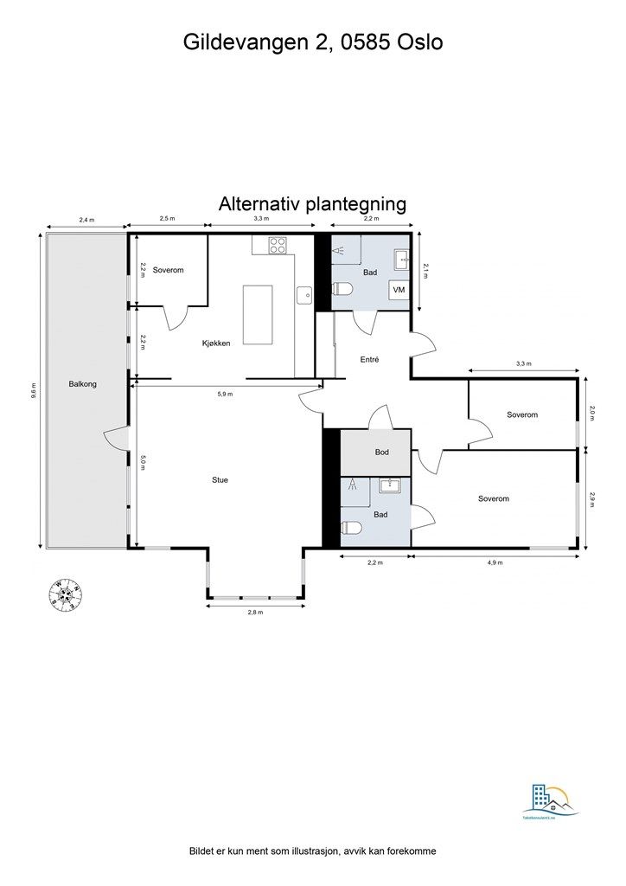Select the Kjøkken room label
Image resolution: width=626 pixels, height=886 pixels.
[215, 343]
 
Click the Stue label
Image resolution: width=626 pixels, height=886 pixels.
[220, 479]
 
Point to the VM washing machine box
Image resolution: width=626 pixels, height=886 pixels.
[399, 291]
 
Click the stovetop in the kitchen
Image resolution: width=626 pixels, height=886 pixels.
[278, 245]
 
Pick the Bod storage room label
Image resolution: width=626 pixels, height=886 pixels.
[381, 453]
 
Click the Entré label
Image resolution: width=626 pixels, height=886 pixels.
[369, 359]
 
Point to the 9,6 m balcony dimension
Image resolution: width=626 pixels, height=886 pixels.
[34, 389]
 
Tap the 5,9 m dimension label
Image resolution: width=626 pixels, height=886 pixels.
[225, 395]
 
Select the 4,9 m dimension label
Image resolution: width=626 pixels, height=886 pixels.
[495, 563]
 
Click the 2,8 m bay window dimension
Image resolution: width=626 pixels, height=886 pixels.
[254, 613]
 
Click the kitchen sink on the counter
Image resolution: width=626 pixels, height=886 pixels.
[303, 295]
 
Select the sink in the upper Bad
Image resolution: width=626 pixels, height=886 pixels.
[399, 258]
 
